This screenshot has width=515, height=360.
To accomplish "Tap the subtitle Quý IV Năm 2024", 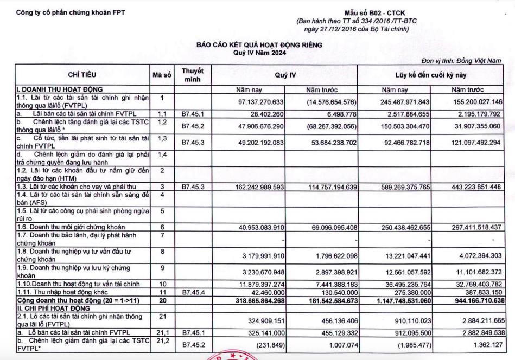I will (x=259, y=53).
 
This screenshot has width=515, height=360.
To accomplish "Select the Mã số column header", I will (x=162, y=75).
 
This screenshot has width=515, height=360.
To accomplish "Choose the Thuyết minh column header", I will (x=193, y=75).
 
